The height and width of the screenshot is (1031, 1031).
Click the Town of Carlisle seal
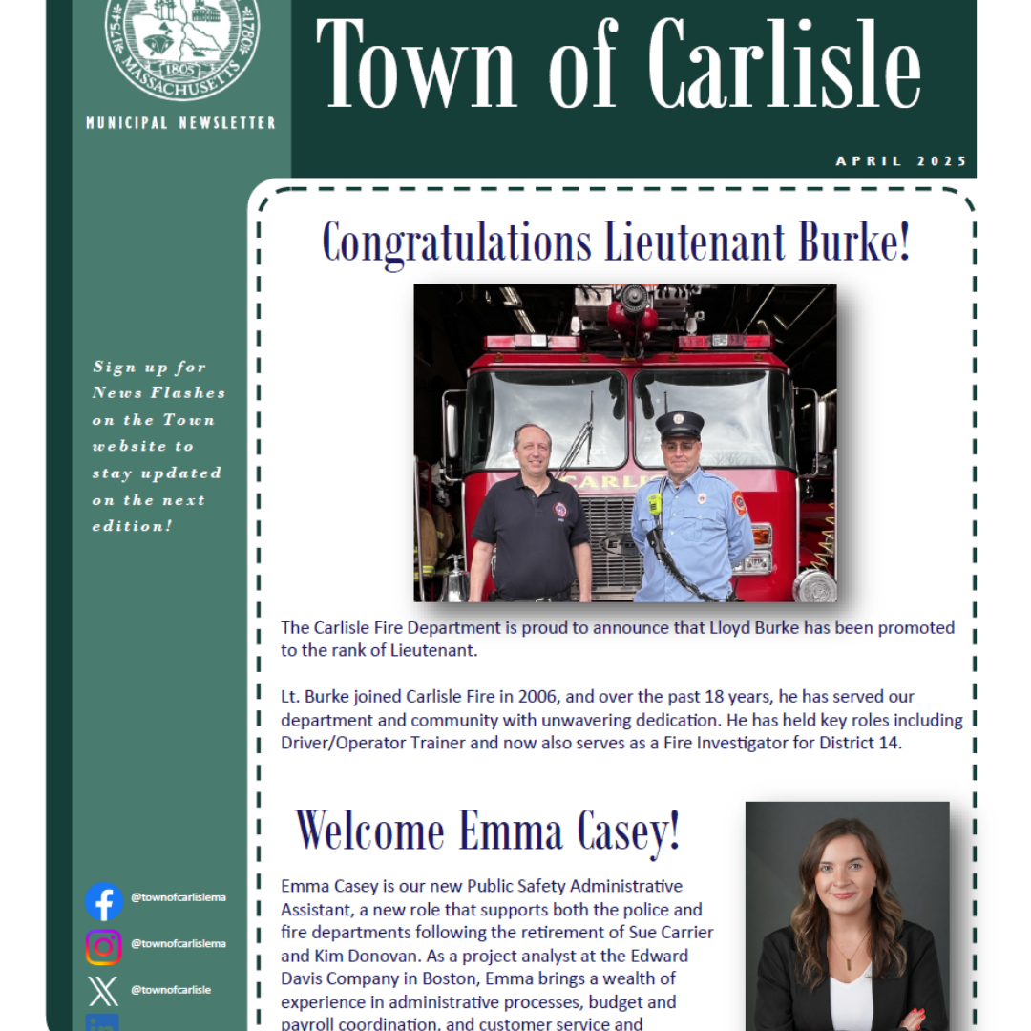click(181, 43)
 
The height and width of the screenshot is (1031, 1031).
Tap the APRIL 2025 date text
click(901, 160)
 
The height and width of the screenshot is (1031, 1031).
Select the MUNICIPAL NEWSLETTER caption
click(180, 123)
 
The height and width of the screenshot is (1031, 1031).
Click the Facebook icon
click(103, 901)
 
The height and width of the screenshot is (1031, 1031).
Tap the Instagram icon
click(103, 946)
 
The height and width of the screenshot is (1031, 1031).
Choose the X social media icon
click(103, 991)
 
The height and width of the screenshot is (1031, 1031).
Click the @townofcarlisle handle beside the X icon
click(171, 990)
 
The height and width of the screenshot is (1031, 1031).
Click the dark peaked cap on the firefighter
click(680, 424)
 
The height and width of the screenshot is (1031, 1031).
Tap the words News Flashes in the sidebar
click(158, 392)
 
